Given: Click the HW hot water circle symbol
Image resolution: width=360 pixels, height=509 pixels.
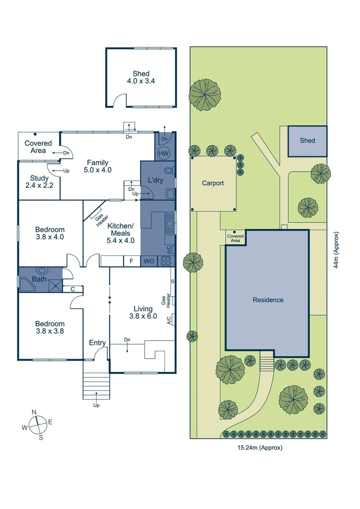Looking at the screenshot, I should point(164,153).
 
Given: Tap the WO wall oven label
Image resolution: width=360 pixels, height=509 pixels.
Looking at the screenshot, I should point(149,261).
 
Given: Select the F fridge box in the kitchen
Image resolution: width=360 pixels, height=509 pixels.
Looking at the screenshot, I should point(131,261).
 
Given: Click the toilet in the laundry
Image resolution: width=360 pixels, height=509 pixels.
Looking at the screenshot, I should point(168,170).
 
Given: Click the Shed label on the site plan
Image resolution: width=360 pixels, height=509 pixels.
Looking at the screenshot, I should point(307,140).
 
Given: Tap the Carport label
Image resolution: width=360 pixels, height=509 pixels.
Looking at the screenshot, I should point(213,183).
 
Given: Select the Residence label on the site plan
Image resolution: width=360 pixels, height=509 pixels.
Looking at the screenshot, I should point(268,300).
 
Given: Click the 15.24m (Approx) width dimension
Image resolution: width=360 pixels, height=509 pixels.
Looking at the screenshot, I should point(258,448).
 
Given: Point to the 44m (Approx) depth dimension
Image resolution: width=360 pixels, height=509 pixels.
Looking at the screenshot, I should point(336,250).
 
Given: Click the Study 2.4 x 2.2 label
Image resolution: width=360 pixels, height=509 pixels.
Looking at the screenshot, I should point(39,181).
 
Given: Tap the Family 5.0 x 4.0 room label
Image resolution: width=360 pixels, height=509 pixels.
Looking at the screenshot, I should point(98,166).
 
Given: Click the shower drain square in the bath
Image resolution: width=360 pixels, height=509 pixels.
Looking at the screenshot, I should point(57,285).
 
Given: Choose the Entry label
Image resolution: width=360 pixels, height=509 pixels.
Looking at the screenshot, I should point(98,343).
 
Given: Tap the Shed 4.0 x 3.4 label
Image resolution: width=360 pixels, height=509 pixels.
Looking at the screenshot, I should point(141,77).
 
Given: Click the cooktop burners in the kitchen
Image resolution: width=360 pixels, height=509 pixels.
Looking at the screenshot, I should point(165,261).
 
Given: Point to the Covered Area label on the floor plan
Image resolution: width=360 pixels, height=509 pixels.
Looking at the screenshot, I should point(38,147).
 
